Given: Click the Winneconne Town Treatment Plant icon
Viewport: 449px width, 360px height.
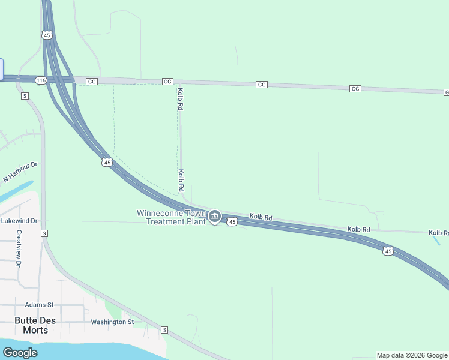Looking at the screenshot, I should pyautogui.click(x=215, y=216).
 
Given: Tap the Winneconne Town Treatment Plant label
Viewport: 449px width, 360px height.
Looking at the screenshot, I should pyautogui.click(x=171, y=217).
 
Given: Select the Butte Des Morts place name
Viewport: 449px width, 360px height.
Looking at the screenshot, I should pyautogui.click(x=35, y=325).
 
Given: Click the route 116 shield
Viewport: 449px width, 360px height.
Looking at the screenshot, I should pyautogui.click(x=41, y=80).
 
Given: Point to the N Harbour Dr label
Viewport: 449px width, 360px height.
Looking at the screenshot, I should pyautogui.click(x=20, y=172).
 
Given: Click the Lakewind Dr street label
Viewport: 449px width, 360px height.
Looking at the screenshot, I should pyautogui.click(x=19, y=221).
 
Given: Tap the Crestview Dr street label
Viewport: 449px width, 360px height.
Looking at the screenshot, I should pyautogui.click(x=19, y=248).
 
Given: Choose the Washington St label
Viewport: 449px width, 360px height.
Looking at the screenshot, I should pyautogui.click(x=112, y=322).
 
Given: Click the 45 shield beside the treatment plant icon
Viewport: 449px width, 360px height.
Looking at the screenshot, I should pyautogui.click(x=233, y=222).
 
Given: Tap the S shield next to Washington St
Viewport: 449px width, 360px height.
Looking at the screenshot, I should pyautogui.click(x=164, y=330).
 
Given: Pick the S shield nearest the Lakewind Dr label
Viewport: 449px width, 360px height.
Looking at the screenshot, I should pyautogui.click(x=43, y=233).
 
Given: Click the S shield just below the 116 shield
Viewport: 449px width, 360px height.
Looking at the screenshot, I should pyautogui.click(x=25, y=95).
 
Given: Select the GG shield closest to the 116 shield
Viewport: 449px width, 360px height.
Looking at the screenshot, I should pyautogui.click(x=91, y=81).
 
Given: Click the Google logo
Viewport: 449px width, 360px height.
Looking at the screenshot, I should pyautogui.click(x=20, y=353).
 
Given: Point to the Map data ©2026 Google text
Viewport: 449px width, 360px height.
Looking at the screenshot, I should pyautogui.click(x=411, y=355).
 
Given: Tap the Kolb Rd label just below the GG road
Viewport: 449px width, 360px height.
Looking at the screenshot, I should pyautogui.click(x=179, y=99).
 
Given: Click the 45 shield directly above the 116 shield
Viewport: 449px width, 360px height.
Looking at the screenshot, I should pyautogui.click(x=47, y=35).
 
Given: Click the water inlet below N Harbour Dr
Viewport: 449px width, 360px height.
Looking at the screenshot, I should pyautogui.click(x=15, y=192).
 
